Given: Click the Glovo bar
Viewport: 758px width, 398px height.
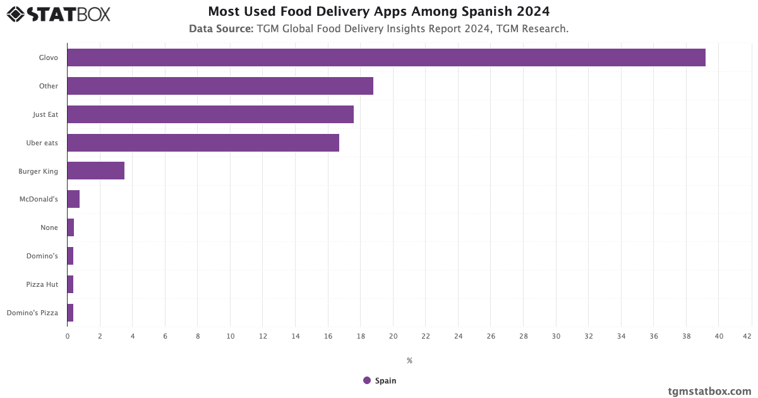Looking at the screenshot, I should coord(386,57).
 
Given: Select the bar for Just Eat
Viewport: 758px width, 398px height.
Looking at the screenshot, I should coord(210,114).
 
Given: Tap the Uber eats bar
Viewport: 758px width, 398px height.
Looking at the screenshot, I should coord(203,143).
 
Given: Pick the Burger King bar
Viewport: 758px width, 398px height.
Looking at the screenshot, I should coord(96,171).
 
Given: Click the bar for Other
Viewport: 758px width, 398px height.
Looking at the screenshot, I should coord(220,86).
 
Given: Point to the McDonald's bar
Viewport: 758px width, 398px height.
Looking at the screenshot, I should coord(73,199).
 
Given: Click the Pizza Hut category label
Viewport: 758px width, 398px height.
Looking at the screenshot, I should coord(42,284).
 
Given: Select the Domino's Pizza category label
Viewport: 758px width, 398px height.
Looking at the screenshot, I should coord(32,313).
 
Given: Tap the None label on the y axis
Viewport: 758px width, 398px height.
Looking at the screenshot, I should coord(49,227).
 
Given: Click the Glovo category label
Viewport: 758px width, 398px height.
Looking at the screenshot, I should coord(48,57).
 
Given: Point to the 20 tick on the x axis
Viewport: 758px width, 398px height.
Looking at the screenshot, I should coord(393,337).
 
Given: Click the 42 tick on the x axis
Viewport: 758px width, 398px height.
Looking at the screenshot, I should coord(747,337).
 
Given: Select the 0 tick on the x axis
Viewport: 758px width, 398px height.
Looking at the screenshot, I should coord(68,337).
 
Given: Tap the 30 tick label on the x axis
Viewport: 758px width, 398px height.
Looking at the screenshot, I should coord(556,337).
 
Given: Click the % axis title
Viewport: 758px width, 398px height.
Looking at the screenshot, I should coord(409,361).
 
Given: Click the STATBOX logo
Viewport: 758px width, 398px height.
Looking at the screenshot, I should coord(58,14).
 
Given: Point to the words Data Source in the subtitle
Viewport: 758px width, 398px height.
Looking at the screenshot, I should coord(221,28).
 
